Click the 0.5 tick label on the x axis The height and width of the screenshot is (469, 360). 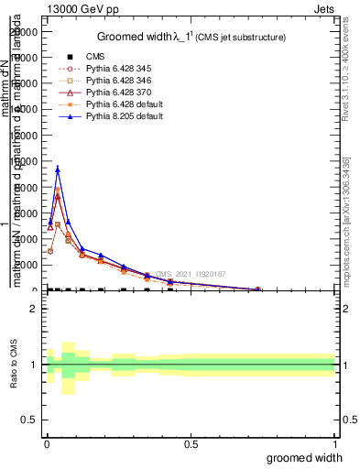(191, 444)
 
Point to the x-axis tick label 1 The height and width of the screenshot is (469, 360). (334, 444)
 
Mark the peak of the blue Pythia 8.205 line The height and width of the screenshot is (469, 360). (58, 169)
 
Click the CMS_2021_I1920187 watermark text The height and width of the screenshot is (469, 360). (191, 274)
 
